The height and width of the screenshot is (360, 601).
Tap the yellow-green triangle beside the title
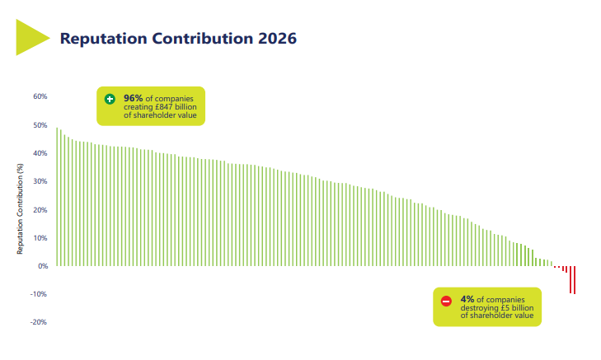[x=32, y=37]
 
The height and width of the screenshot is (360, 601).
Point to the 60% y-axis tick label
[x=40, y=96]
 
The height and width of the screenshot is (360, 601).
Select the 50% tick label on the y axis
[x=40, y=125]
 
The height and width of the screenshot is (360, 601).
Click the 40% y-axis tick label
[x=40, y=153]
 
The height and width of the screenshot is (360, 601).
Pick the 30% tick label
[x=40, y=181]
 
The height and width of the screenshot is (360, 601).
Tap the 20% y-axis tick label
[x=40, y=210]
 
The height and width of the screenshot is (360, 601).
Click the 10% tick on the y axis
[x=40, y=238]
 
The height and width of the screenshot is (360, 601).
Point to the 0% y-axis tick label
[x=42, y=266]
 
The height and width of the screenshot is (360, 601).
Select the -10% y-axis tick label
[x=38, y=294]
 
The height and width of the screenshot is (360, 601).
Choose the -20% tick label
[x=38, y=322]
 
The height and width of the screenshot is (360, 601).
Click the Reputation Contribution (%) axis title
[x=19, y=208]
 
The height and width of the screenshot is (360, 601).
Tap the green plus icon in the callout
[x=110, y=99]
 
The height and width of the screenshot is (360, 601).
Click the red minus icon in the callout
[x=446, y=301]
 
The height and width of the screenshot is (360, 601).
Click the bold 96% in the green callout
[x=134, y=99]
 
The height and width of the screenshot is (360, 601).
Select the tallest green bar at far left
[x=57, y=197]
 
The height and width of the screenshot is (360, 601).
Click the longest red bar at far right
[x=574, y=280]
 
